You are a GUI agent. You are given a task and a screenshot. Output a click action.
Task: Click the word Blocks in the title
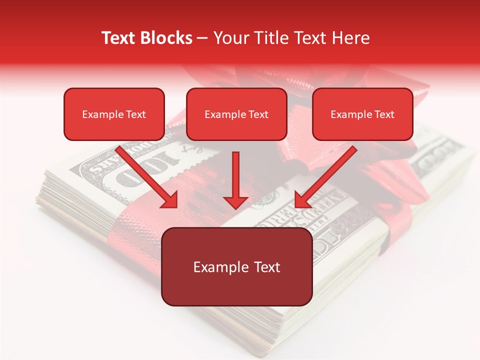[165, 38]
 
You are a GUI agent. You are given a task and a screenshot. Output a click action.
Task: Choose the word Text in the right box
[384, 114]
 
